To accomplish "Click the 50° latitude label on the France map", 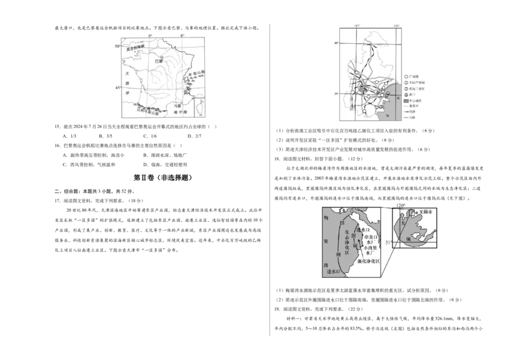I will [116, 47].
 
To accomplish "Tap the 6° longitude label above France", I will [182, 34].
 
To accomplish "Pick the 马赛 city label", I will [179, 106].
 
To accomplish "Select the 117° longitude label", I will [357, 25].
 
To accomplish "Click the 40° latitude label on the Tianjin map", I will [336, 43].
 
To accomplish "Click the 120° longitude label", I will [400, 205].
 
